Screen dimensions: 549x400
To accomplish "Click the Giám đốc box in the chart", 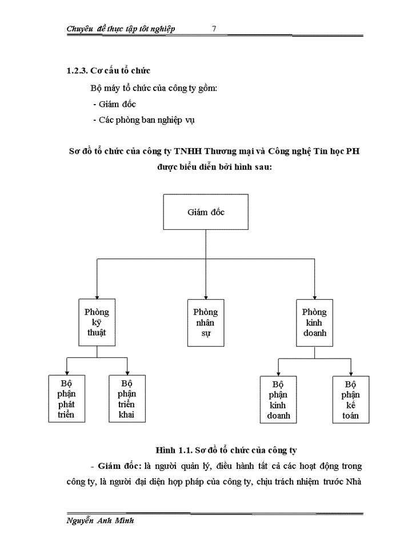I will [206, 212].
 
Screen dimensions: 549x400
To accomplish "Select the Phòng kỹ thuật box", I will [97, 322].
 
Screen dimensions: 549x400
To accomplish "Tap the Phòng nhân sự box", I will [205, 322].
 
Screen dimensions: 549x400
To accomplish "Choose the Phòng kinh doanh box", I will [314, 322].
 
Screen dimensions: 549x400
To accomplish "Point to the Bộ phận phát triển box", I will [66, 399].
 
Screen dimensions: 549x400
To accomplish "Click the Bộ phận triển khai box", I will [127, 399].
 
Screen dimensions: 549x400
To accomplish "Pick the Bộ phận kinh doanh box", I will [278, 399].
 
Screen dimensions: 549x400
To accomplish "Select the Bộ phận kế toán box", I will [351, 399].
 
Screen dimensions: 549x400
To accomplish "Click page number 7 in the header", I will [213, 29].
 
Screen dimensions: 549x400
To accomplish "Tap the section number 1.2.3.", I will [78, 71].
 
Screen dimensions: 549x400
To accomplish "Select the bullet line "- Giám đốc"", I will [114, 104].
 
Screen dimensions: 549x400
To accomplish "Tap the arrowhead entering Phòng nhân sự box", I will [205, 296].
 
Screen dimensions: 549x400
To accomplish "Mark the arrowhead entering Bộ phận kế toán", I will [351, 372].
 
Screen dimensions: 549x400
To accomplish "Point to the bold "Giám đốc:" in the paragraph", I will [120, 466].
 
